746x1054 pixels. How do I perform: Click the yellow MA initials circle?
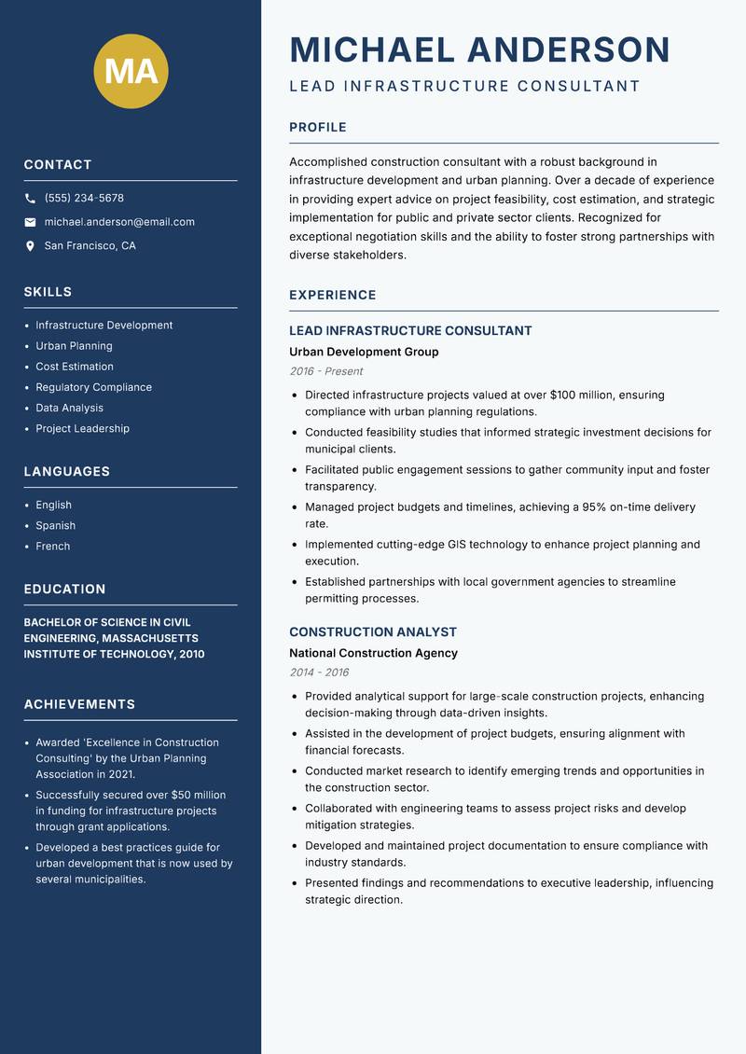pyautogui.click(x=131, y=71)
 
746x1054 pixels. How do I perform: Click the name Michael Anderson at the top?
pyautogui.click(x=479, y=49)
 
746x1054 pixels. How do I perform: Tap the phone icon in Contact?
pyautogui.click(x=30, y=199)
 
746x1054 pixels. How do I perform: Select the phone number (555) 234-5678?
pyautogui.click(x=84, y=199)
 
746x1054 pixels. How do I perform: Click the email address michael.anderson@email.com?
pyautogui.click(x=119, y=222)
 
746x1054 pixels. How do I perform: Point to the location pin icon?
pyautogui.click(x=30, y=246)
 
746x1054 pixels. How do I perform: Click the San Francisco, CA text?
pyautogui.click(x=90, y=246)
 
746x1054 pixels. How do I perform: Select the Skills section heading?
pyautogui.click(x=48, y=292)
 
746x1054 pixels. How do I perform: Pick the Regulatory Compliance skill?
pyautogui.click(x=93, y=387)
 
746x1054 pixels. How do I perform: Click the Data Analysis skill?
pyautogui.click(x=69, y=408)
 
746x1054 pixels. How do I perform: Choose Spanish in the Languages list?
pyautogui.click(x=55, y=525)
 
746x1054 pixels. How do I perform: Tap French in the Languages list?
pyautogui.click(x=52, y=546)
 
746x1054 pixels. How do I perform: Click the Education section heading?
pyautogui.click(x=64, y=589)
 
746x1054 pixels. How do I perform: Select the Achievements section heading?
pyautogui.click(x=79, y=704)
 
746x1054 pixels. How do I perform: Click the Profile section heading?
pyautogui.click(x=317, y=128)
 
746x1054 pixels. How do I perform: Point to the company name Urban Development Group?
pyautogui.click(x=364, y=352)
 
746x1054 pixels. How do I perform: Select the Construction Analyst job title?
pyautogui.click(x=373, y=631)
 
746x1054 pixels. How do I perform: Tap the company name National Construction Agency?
pyautogui.click(x=373, y=653)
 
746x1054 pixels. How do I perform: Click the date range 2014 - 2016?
pyautogui.click(x=319, y=673)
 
